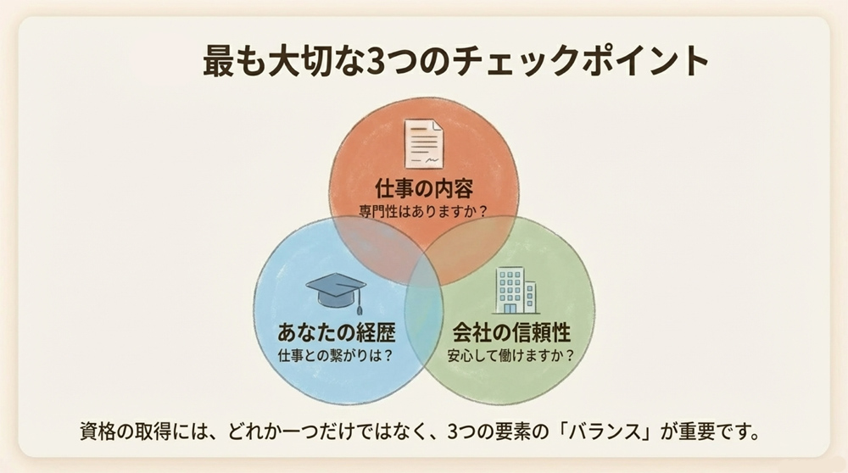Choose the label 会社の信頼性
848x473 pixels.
510,331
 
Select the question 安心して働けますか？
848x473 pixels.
510,354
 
